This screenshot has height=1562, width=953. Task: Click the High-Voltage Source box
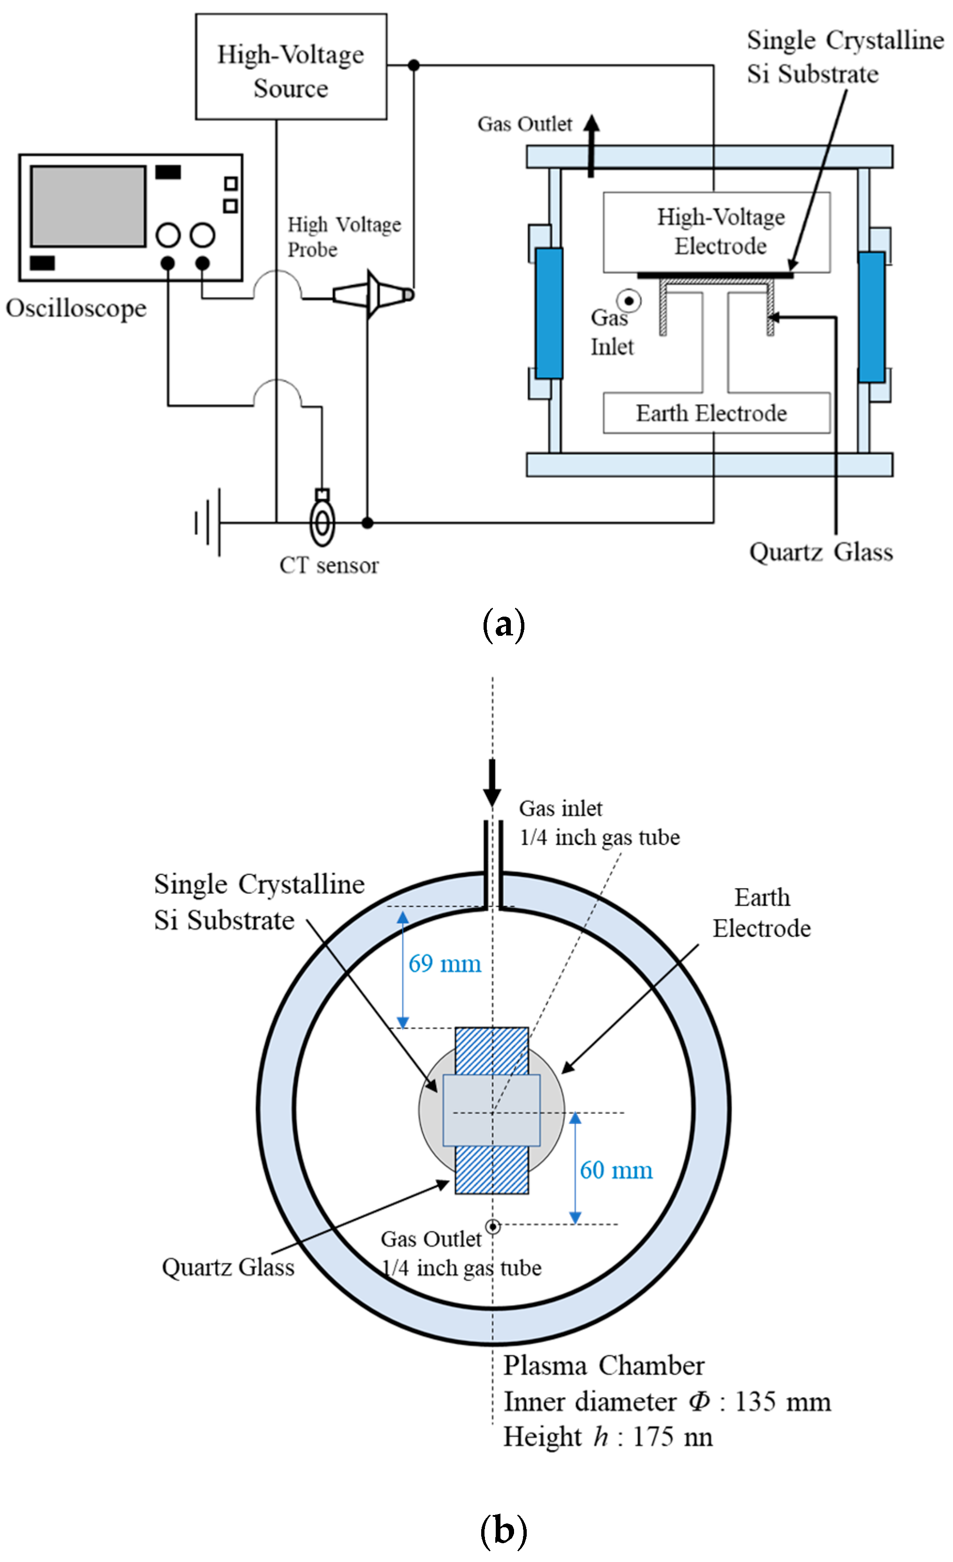(291, 67)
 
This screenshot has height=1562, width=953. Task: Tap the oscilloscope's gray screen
(88, 206)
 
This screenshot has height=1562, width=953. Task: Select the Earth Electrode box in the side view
(716, 413)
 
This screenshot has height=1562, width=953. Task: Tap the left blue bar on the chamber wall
(549, 313)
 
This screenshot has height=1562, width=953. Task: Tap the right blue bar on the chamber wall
(871, 317)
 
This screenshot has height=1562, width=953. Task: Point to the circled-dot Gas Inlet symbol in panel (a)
(629, 301)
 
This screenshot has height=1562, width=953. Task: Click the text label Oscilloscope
(76, 309)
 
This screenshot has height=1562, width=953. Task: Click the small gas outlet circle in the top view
(492, 1227)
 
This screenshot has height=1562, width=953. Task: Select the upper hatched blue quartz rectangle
(492, 1051)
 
